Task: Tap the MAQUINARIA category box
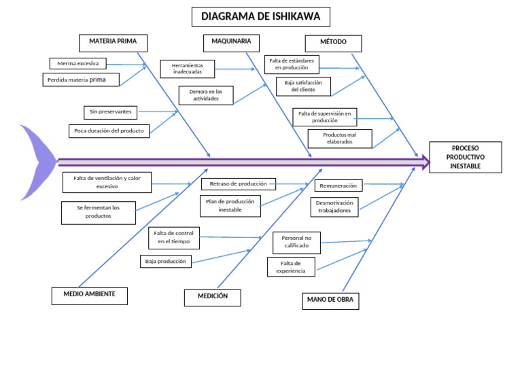click(x=231, y=42)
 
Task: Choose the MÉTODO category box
click(x=333, y=43)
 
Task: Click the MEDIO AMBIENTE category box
click(x=89, y=295)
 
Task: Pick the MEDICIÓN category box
click(x=213, y=297)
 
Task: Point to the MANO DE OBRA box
click(x=330, y=300)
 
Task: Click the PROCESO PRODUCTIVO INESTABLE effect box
click(x=465, y=157)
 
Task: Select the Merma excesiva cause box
click(x=78, y=64)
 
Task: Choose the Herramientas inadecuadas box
click(x=188, y=69)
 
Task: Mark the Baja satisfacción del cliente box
click(x=303, y=86)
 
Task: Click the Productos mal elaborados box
click(x=339, y=139)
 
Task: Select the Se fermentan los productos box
click(x=98, y=212)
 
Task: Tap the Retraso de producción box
click(x=238, y=183)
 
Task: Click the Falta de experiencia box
click(x=291, y=267)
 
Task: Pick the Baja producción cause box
click(x=165, y=261)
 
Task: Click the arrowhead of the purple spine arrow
click(x=425, y=162)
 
